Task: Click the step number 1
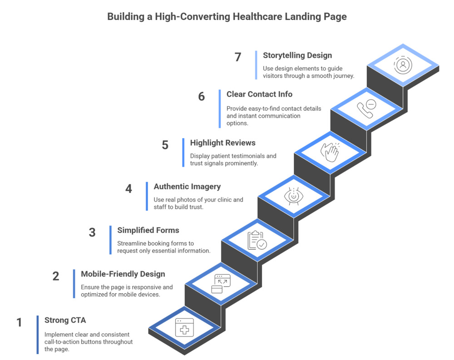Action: coord(19,322)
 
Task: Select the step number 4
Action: coord(128,188)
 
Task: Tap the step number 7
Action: coord(238,57)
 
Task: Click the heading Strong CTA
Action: coord(65,320)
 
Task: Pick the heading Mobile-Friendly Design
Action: coord(123,274)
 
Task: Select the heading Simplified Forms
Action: coord(148,230)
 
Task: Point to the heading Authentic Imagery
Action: coord(187,186)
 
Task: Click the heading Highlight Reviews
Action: coord(222,143)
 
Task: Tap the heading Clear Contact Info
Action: coord(259,94)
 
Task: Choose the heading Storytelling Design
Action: coord(297,55)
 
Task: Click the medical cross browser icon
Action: coord(185,327)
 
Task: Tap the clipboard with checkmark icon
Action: coord(257,240)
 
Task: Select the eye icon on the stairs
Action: coord(294,196)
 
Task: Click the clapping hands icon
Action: coord(330,152)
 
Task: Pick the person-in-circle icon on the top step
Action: coord(403,65)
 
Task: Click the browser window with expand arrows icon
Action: coord(221,284)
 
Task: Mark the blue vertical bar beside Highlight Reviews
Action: coord(183,152)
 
